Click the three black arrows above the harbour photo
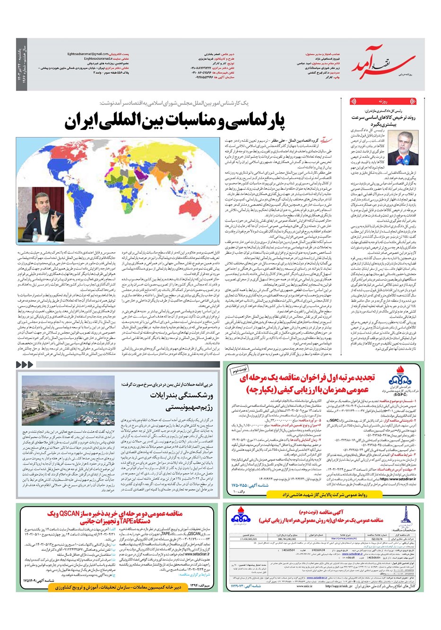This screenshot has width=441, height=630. click(x=25, y=364)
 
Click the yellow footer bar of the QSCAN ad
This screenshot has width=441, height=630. click(x=85, y=587)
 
